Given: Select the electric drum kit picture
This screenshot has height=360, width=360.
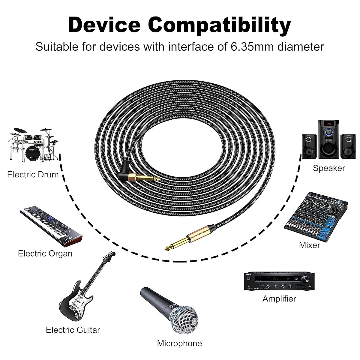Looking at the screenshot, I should tap(33, 144).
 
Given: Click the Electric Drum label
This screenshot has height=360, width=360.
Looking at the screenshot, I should tap(33, 174).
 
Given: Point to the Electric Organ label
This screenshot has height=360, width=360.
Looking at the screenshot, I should tap(45, 253).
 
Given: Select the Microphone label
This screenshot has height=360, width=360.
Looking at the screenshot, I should tap(179, 343).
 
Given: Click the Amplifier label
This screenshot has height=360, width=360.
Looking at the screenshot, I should tap(279, 299).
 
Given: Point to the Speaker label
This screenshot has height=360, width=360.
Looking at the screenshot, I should tap(329, 168).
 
